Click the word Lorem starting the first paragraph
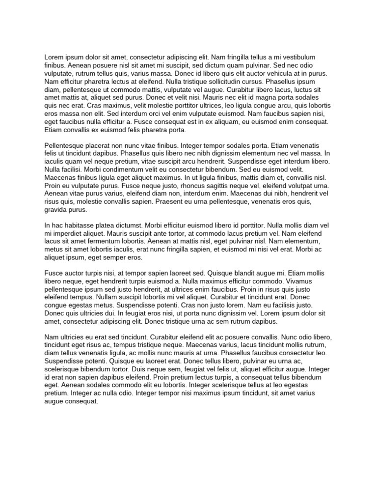[54, 57]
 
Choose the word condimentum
[110, 169]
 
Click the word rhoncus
[195, 186]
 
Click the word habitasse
[83, 225]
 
